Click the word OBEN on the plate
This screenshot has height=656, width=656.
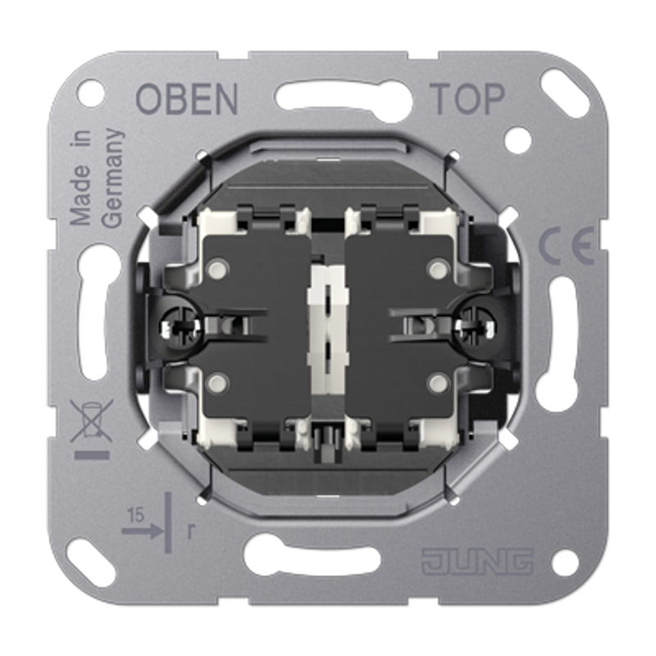(x=187, y=98)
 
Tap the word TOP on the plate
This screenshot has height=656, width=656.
(x=467, y=98)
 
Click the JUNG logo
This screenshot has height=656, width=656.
(x=477, y=561)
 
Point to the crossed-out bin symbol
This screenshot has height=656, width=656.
(x=92, y=421)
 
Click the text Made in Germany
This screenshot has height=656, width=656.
(x=96, y=178)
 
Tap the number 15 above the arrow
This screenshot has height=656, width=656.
(x=135, y=516)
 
